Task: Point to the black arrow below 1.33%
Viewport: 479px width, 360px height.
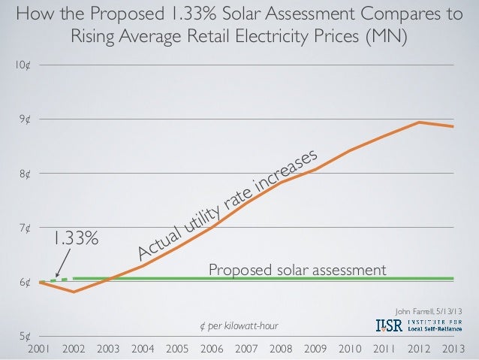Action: click(x=62, y=265)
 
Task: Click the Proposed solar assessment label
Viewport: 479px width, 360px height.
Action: click(x=297, y=269)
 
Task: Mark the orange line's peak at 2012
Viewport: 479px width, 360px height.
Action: click(x=419, y=123)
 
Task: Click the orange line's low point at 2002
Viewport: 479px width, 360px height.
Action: click(x=74, y=292)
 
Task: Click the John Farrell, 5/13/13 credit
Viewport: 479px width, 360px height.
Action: click(x=429, y=312)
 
